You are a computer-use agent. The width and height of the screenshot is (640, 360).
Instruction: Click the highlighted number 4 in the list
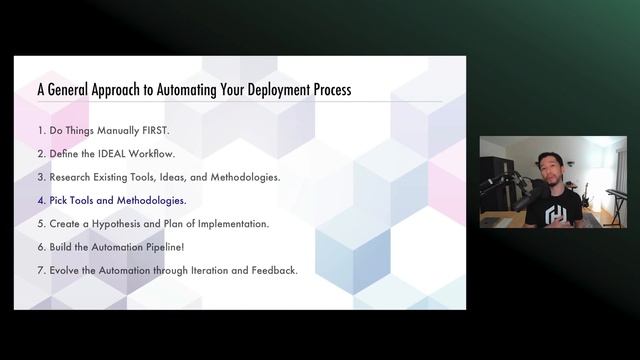tap(41, 200)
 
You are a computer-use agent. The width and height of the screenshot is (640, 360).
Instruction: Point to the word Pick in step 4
tap(60, 200)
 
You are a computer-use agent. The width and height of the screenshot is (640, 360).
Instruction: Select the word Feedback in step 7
tap(272, 270)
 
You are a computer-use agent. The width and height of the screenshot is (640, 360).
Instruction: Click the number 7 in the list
tap(41, 270)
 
